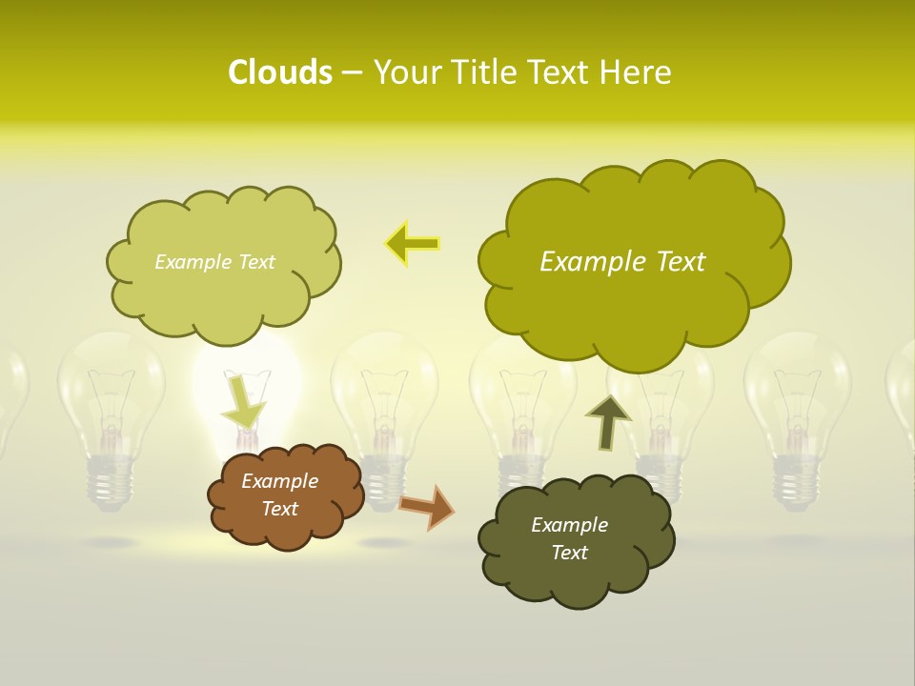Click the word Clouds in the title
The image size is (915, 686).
click(279, 72)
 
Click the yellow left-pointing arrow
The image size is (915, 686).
click(412, 244)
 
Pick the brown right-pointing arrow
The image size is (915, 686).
click(426, 506)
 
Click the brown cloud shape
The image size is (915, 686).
click(286, 496)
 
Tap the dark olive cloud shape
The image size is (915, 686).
click(577, 538)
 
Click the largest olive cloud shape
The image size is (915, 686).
click(629, 262)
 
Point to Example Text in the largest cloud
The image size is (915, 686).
click(622, 262)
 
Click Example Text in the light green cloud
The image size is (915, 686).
click(214, 262)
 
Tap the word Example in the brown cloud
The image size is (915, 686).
click(279, 481)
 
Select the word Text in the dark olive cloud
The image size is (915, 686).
click(569, 553)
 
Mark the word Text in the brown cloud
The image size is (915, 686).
click(279, 509)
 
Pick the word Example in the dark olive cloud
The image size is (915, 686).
click(569, 525)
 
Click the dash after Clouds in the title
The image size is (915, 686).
click(352, 72)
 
